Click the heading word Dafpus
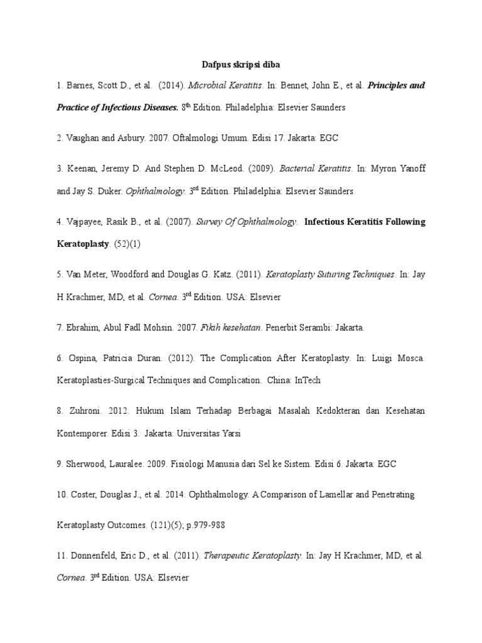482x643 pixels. point(215,64)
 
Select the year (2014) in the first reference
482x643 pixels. point(170,85)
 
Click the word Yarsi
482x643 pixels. point(228,433)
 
